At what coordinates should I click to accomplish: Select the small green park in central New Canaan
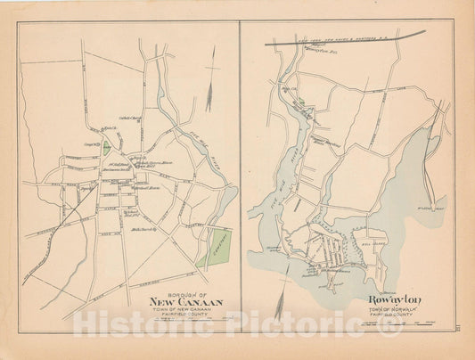coord(108,151)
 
